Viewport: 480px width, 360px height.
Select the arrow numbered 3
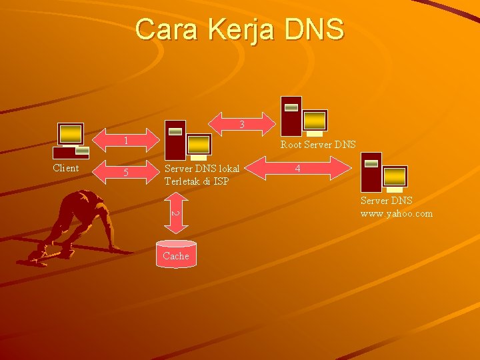[x=242, y=124]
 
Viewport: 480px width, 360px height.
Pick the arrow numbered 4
[x=298, y=168]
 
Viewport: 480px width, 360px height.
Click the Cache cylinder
[x=176, y=254]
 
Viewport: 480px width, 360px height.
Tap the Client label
[x=65, y=168]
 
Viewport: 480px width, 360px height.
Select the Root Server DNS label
[x=318, y=144]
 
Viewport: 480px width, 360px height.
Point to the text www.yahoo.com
[x=396, y=213]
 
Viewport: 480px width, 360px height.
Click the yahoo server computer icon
[x=383, y=172]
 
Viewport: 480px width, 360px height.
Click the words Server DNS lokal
[x=201, y=168]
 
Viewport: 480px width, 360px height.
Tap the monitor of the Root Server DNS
[x=315, y=120]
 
